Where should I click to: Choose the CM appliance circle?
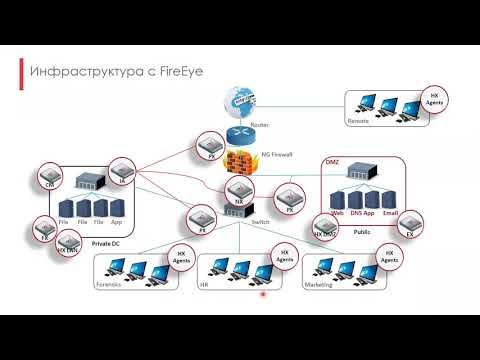pyautogui.click(x=48, y=180)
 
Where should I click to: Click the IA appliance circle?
pyautogui.click(x=120, y=172)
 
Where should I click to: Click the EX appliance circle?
pyautogui.click(x=407, y=230)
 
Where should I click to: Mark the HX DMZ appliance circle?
pyautogui.click(x=325, y=228)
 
